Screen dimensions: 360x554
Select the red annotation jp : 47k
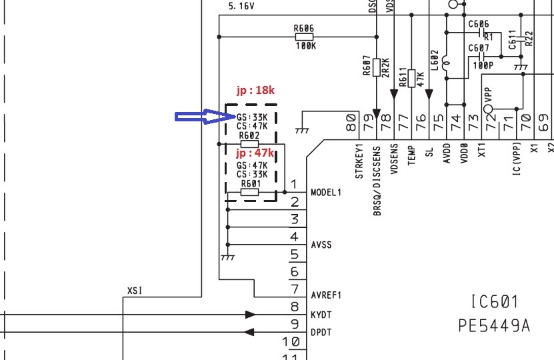pos(255,154)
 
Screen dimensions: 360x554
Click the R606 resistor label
pos(303,29)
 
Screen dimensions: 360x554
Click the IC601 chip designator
pos(494,303)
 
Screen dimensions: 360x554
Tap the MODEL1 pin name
pos(326,193)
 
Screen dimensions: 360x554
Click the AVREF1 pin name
pos(326,295)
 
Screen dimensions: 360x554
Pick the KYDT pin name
pos(321,313)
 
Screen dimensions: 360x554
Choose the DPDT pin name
pos(321,332)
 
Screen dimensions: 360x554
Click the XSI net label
pos(135,291)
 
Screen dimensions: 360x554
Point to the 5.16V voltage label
pos(241,6)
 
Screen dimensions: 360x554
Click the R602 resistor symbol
pos(249,144)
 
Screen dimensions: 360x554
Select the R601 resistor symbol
pos(249,193)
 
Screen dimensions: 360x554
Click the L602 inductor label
pos(435,60)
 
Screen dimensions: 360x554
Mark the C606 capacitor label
pos(479,24)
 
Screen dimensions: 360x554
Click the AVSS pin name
pos(321,245)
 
